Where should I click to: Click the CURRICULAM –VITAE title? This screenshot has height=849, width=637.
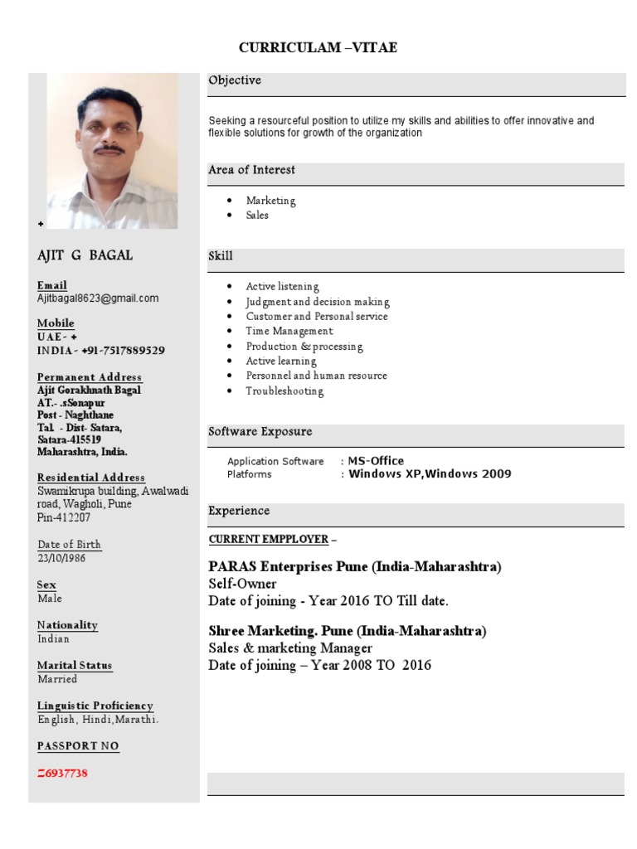pyautogui.click(x=318, y=47)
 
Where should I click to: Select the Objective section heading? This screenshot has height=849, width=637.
pyautogui.click(x=235, y=80)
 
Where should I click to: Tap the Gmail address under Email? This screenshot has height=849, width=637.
pyautogui.click(x=98, y=298)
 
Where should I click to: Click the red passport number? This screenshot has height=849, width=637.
pyautogui.click(x=62, y=774)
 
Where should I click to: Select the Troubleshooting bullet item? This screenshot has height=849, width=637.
pyautogui.click(x=284, y=391)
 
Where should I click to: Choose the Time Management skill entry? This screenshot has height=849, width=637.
pyautogui.click(x=289, y=332)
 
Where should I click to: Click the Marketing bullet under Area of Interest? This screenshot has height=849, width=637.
pyautogui.click(x=270, y=201)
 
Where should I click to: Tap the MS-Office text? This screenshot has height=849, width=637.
pyautogui.click(x=376, y=461)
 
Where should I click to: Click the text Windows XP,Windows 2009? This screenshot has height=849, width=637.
pyautogui.click(x=430, y=474)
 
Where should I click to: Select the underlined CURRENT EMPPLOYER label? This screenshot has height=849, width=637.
pyautogui.click(x=269, y=540)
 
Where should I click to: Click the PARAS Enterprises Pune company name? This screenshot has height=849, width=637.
pyautogui.click(x=355, y=567)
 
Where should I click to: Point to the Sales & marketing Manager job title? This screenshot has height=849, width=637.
pyautogui.click(x=290, y=648)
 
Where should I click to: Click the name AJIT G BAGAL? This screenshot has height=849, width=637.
pyautogui.click(x=85, y=255)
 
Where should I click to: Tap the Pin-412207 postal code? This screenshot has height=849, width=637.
pyautogui.click(x=64, y=517)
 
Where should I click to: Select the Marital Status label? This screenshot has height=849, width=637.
pyautogui.click(x=75, y=666)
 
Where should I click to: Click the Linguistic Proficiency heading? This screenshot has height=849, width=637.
pyautogui.click(x=95, y=706)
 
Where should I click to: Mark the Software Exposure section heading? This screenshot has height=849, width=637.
pyautogui.click(x=260, y=432)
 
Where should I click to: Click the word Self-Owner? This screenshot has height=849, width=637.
pyautogui.click(x=242, y=584)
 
